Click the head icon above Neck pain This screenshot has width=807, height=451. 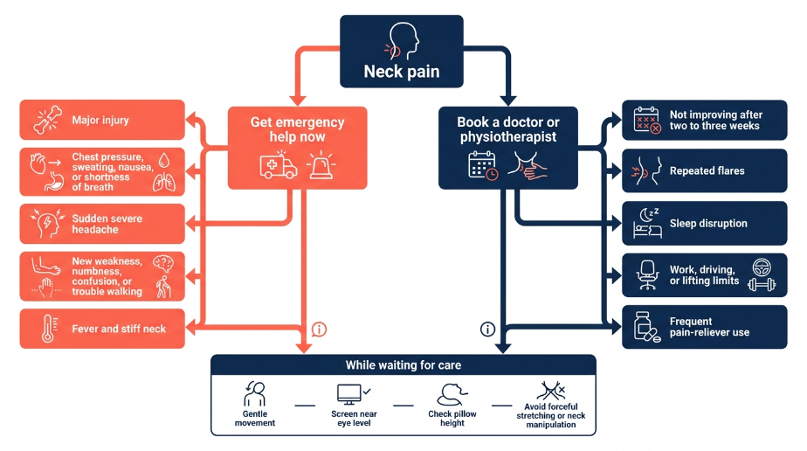402,41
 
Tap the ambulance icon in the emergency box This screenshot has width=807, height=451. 278,166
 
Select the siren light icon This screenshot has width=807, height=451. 321,166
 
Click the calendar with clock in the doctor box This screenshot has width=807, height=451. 483,166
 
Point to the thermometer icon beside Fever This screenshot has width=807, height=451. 48,329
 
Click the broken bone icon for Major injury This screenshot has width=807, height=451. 48,120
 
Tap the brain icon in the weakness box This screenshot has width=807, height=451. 163,264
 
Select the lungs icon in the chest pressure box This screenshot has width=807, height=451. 164,183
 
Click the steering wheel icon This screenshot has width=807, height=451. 762,267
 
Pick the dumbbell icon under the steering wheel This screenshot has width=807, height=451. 762,285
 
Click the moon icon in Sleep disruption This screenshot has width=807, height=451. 645,215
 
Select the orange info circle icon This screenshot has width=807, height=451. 319,329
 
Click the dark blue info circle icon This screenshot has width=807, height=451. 487,329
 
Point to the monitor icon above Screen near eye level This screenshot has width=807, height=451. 349,394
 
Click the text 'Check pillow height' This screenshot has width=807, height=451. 452,418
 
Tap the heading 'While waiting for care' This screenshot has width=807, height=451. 403,365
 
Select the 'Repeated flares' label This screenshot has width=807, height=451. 707,171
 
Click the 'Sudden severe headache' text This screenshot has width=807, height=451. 107,224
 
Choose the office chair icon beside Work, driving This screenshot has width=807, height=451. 647,275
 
